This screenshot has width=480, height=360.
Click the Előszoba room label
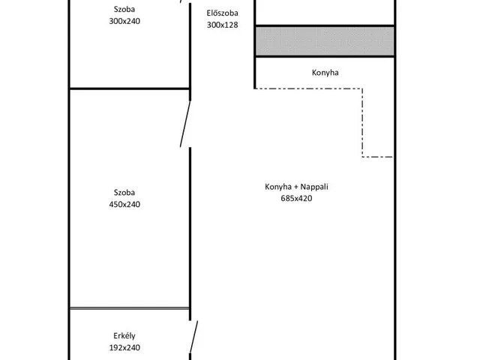222,13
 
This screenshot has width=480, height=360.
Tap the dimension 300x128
222,25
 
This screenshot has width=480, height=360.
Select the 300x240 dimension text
124,21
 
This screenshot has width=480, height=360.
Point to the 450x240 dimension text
124,204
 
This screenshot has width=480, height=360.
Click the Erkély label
124,336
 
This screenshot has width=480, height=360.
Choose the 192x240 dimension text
124,347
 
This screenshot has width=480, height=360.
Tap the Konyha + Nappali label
296,187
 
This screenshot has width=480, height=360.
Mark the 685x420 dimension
296,198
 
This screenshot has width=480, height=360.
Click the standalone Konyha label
325,73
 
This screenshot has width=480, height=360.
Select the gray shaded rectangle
325,41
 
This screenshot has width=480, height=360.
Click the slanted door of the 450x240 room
185,124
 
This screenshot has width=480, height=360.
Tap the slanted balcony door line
193,337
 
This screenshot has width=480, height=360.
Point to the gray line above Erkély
130,308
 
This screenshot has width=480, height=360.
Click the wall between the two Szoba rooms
130,88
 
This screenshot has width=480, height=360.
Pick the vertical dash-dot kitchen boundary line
362,123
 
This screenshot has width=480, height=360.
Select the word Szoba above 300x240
124,9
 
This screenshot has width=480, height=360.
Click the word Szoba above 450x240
124,193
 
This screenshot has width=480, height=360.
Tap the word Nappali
314,187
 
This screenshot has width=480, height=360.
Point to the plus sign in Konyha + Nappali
296,187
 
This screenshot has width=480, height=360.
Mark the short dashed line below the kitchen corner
377,157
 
